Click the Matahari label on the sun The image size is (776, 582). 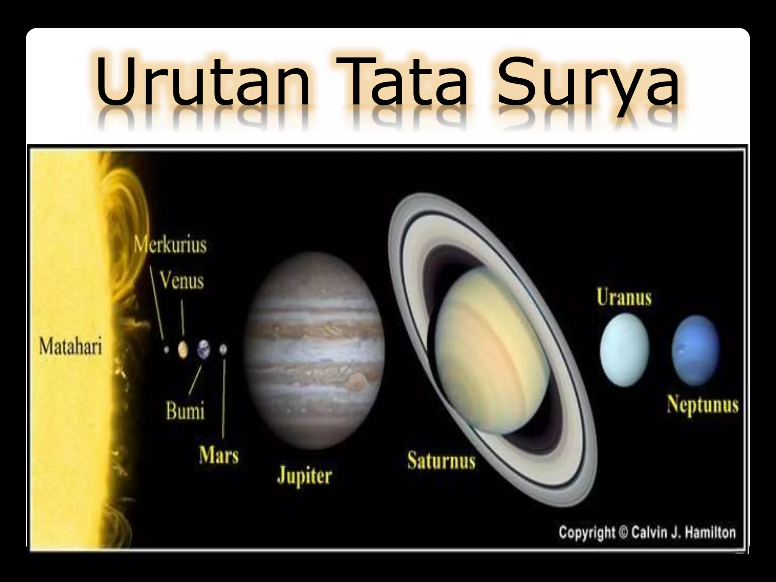(71, 347)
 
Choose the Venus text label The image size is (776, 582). (181, 281)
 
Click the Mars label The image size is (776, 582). (219, 455)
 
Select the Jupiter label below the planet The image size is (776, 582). (305, 476)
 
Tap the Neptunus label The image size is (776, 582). (703, 404)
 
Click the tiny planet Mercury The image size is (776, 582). (166, 350)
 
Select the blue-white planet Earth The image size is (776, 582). (203, 349)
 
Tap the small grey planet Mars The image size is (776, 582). (223, 349)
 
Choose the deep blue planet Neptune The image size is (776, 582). (696, 350)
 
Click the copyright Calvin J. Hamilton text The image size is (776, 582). (647, 533)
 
